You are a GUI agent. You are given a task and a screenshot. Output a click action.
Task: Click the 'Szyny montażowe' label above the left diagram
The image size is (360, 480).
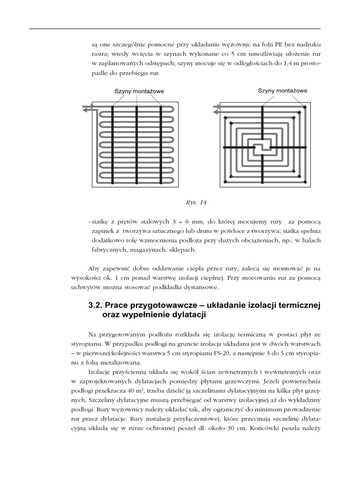pos(139,92)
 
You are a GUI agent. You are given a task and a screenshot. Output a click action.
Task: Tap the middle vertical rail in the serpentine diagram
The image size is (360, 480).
pos(136,146)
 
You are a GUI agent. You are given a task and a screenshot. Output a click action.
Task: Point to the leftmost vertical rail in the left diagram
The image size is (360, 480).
pos(112,146)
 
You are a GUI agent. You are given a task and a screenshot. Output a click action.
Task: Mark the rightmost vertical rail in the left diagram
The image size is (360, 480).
pos(161,146)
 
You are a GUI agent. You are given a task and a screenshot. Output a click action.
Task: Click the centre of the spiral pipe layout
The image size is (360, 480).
pos(262,147)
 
